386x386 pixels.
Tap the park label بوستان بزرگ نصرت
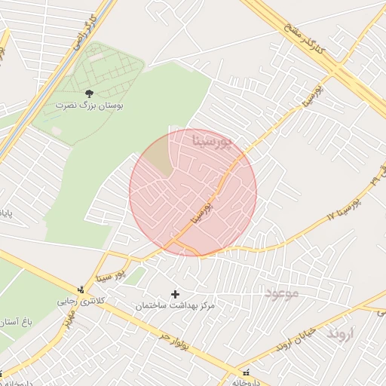point(90,106)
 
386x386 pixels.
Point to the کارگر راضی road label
point(83,32)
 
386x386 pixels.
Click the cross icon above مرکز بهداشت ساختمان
point(176,294)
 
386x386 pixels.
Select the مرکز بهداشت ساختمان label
point(176,305)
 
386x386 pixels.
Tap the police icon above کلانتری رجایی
point(81,289)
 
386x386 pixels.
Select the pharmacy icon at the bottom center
point(244,373)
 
